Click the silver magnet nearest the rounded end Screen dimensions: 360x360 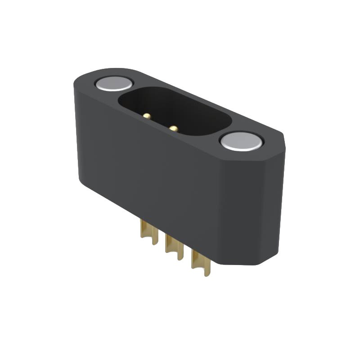114,83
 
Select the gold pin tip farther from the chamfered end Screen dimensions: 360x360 147,116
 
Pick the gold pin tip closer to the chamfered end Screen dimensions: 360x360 173,128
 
